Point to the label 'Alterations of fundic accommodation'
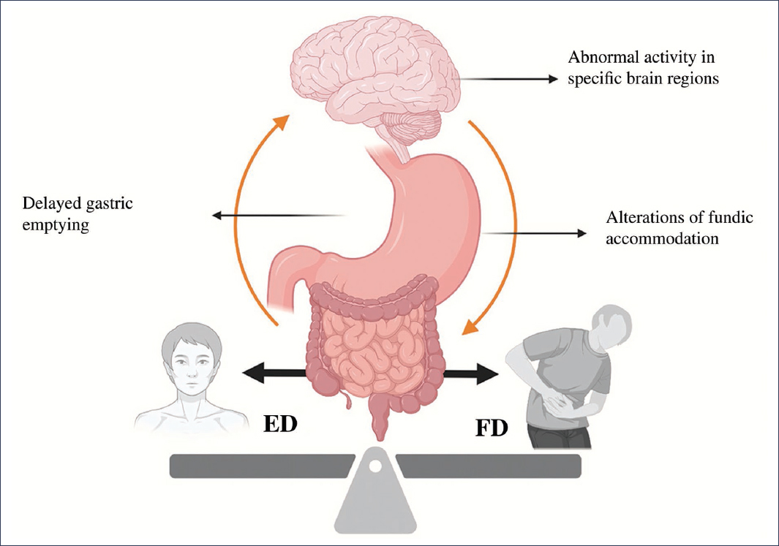coord(680,228)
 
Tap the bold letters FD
coord(492,427)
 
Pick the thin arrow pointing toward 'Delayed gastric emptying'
coord(278,215)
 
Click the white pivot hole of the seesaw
coord(375,463)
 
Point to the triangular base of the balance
coord(375,504)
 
